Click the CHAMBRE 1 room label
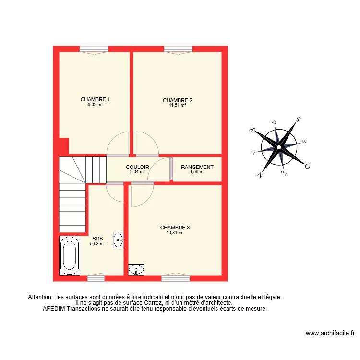[x=95, y=100]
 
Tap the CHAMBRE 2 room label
[x=177, y=100]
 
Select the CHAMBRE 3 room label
[x=175, y=228]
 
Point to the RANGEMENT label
[x=197, y=167]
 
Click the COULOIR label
[x=137, y=167]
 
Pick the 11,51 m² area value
[x=177, y=105]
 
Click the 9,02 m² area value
[x=95, y=104]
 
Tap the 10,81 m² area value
[x=175, y=232]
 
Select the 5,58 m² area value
[x=97, y=243]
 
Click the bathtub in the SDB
[x=70, y=255]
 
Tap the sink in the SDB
[x=118, y=240]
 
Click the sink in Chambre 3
[x=136, y=270]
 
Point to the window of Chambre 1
[x=94, y=48]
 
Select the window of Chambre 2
[x=178, y=48]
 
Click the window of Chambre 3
[x=175, y=278]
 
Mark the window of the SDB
[x=96, y=278]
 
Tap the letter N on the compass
[x=260, y=175]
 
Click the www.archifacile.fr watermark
[x=330, y=333]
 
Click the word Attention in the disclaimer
[x=41, y=297]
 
